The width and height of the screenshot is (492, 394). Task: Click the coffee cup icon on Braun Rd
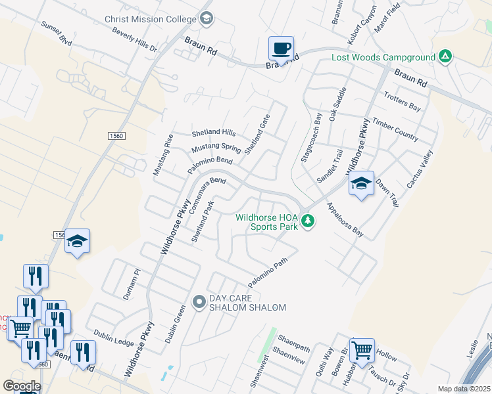point(281,48)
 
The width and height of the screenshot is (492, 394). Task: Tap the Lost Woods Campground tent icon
point(445,56)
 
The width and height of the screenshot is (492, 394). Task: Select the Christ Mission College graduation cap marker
point(207,18)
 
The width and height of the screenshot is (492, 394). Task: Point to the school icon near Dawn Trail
point(361,184)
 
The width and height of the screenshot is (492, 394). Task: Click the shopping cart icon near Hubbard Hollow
point(361,351)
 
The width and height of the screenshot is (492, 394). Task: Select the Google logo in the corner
point(21,386)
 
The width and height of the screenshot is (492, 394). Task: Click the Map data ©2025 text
point(464,389)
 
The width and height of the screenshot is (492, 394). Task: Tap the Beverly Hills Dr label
point(135,40)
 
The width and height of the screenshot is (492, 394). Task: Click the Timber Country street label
point(395,129)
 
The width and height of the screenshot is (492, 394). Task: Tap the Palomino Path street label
point(268,273)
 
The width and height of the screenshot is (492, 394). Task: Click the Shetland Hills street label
point(213,132)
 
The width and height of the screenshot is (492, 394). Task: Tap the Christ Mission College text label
point(151,19)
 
